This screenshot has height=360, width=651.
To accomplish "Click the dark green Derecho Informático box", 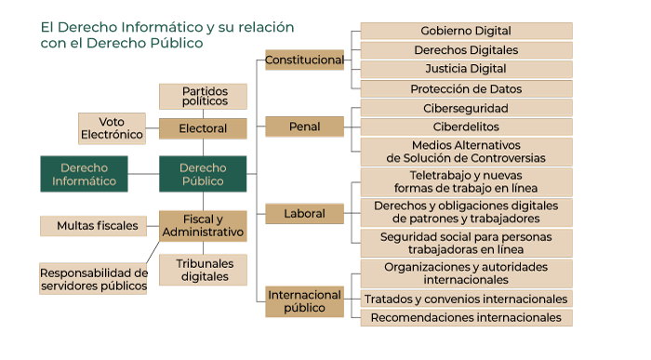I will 84,174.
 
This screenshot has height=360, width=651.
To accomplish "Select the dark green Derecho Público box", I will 202,174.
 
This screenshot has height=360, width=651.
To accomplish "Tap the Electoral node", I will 202,128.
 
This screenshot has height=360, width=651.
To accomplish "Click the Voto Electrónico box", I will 112,128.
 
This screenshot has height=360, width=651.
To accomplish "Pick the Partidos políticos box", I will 203,96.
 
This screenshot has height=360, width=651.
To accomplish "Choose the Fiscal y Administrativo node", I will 203,225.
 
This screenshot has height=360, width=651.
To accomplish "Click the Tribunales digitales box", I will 203,270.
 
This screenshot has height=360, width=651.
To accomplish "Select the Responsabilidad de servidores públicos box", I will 93,279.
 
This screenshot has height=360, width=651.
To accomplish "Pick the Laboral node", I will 304,213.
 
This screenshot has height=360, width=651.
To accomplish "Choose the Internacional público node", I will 304,301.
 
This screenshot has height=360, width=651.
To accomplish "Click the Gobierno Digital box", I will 465,31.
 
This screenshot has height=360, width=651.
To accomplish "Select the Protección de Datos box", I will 465,89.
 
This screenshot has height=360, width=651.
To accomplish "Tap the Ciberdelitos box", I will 465,127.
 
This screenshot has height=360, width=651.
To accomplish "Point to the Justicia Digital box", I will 465,69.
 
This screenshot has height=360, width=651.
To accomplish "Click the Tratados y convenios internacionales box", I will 465,299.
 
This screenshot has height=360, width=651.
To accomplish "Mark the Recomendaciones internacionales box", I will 465,318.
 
